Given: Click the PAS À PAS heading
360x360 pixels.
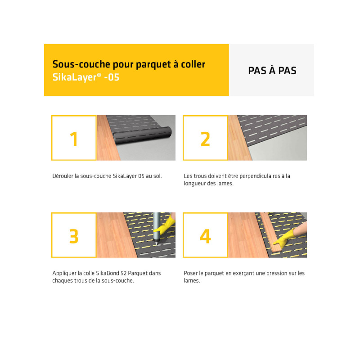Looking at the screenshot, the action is [272, 70].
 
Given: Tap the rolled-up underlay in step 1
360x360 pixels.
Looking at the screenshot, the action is [142, 135].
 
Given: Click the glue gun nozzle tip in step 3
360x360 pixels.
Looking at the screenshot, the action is [156, 244].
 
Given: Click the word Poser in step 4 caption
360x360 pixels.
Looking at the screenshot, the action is [190, 273].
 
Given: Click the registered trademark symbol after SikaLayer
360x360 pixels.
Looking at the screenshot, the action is [99, 75].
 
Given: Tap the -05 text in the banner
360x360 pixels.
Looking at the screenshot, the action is [112, 77].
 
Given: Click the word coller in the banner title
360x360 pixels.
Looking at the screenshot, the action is [193, 64].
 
